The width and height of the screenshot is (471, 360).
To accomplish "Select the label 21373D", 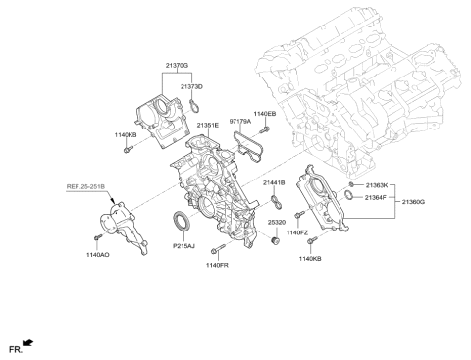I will [191, 86].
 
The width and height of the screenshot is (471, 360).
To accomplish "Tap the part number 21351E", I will [207, 126].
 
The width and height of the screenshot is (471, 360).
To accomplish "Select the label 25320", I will [278, 223].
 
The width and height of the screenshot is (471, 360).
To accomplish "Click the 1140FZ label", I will [297, 232].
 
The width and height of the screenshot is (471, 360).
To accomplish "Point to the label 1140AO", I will [96, 254].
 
